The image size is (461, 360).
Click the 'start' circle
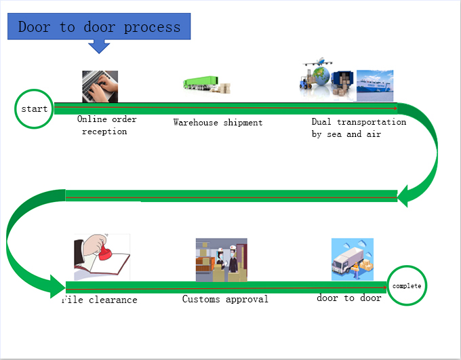coord(34,108)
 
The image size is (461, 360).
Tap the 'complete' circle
coord(407,286)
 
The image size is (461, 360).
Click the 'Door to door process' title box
coord(99,27)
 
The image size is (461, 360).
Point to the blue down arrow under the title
coord(100,45)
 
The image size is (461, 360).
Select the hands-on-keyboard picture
coord(100,86)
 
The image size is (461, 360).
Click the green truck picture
coord(206,85)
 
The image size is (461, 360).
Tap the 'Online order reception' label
coord(106,125)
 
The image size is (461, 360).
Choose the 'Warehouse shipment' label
coord(218,123)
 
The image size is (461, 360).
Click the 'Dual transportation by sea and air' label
coord(359,128)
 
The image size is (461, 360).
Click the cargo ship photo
coord(374,85)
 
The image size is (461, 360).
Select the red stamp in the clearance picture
coord(105,255)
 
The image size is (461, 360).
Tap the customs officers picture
coord(221,260)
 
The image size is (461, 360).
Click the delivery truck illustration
coord(352,260)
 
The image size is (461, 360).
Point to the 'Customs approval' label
coord(225,299)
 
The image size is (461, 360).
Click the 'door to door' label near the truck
coord(348,298)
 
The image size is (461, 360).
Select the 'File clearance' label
coord(100,300)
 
